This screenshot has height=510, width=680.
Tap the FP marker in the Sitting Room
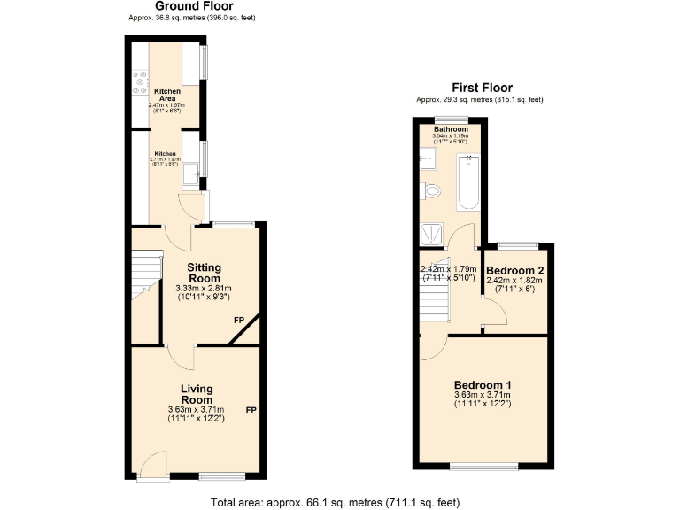(x=238, y=319)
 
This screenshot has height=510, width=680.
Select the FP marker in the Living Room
(x=251, y=410)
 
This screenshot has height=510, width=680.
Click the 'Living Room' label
(x=196, y=394)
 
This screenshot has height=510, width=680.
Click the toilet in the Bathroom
(x=432, y=190)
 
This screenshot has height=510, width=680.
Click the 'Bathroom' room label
(x=450, y=129)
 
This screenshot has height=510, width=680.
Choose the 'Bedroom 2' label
(x=514, y=270)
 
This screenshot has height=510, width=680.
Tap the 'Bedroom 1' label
(x=482, y=385)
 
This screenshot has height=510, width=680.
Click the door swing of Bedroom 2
(x=493, y=310)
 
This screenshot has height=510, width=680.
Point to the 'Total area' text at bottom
(x=335, y=502)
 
